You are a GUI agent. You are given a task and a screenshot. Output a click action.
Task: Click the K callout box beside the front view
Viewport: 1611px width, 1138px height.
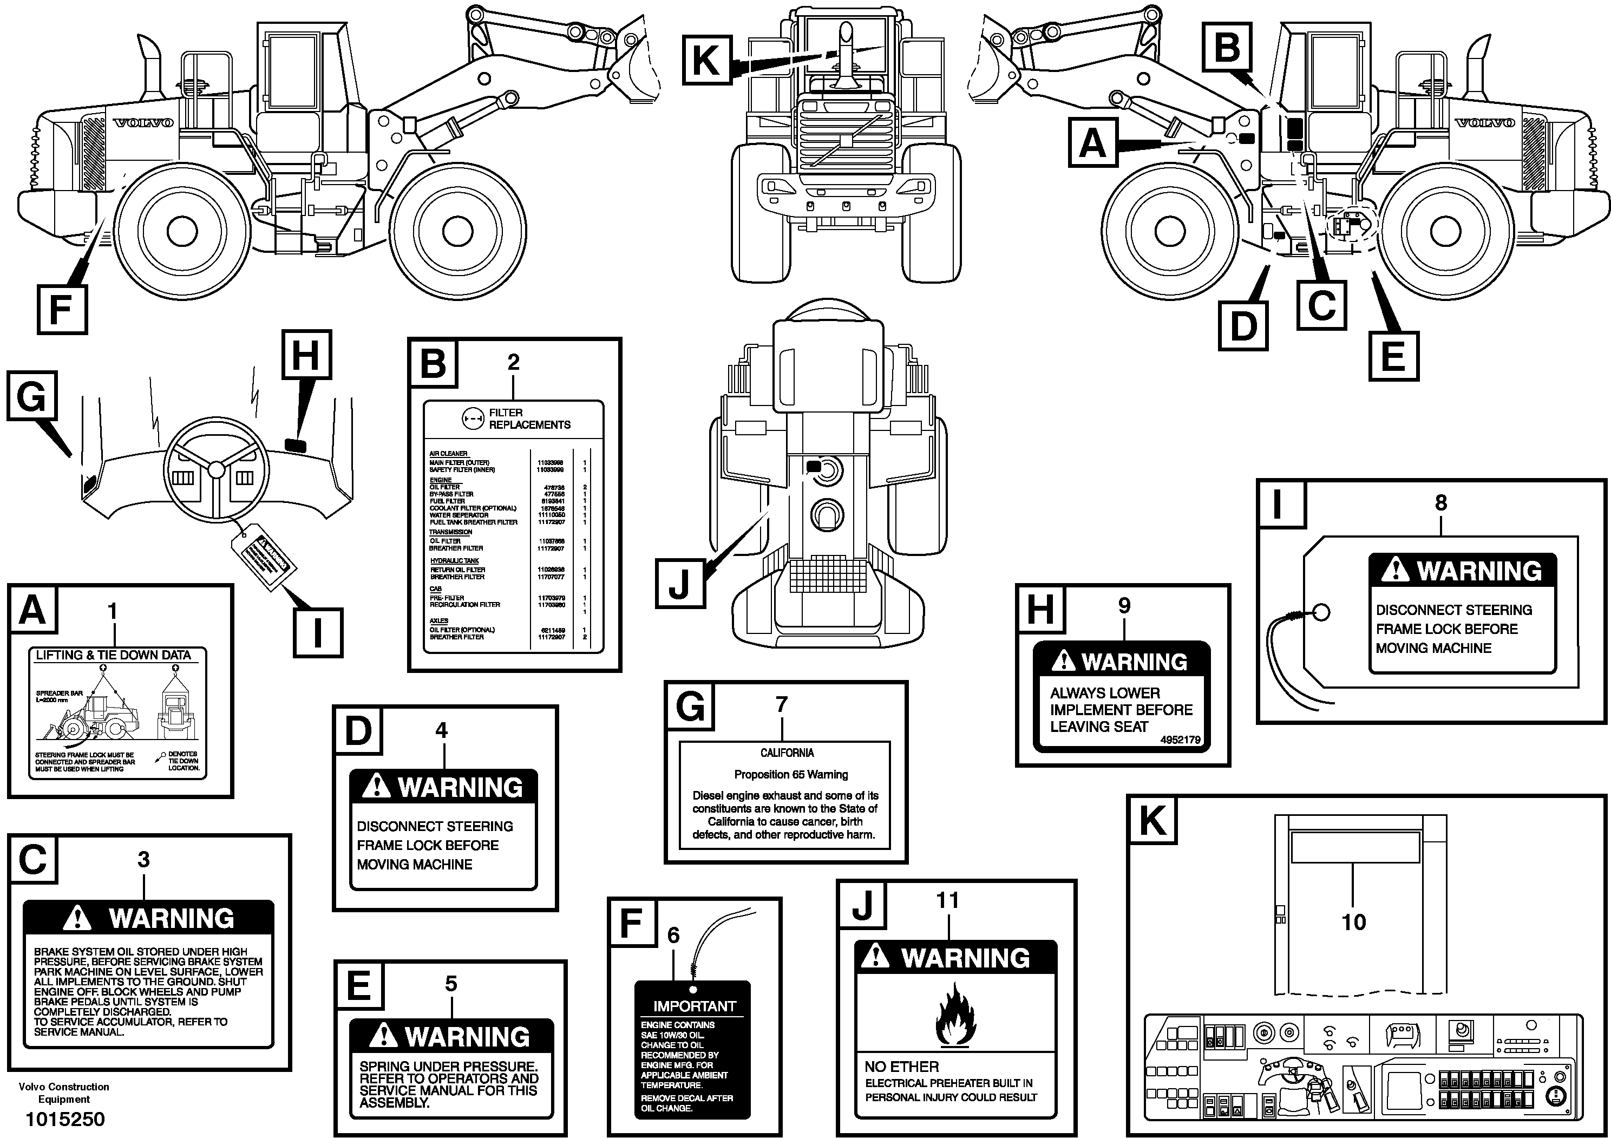pos(706,59)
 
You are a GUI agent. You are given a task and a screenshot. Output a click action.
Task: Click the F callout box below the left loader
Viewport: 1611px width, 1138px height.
pos(62,310)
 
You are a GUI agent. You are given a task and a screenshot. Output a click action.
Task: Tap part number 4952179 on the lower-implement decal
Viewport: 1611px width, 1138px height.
pos(1180,740)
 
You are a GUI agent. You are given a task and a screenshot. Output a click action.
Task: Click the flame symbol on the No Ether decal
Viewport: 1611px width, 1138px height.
pos(955,1015)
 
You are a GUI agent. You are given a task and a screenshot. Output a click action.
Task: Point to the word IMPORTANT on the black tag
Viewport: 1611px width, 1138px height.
pos(694,1006)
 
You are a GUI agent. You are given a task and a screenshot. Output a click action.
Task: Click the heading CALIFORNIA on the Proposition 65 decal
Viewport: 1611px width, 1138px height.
pos(787,753)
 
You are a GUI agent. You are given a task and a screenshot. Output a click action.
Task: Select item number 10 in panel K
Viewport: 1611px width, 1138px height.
pos(1353,922)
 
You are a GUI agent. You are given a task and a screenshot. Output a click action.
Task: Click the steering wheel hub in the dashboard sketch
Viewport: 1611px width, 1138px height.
pos(216,469)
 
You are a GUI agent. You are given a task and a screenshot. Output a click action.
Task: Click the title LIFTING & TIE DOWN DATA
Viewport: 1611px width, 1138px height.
pos(113,655)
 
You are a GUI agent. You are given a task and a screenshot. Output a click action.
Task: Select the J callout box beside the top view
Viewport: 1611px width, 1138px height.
pos(679,583)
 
